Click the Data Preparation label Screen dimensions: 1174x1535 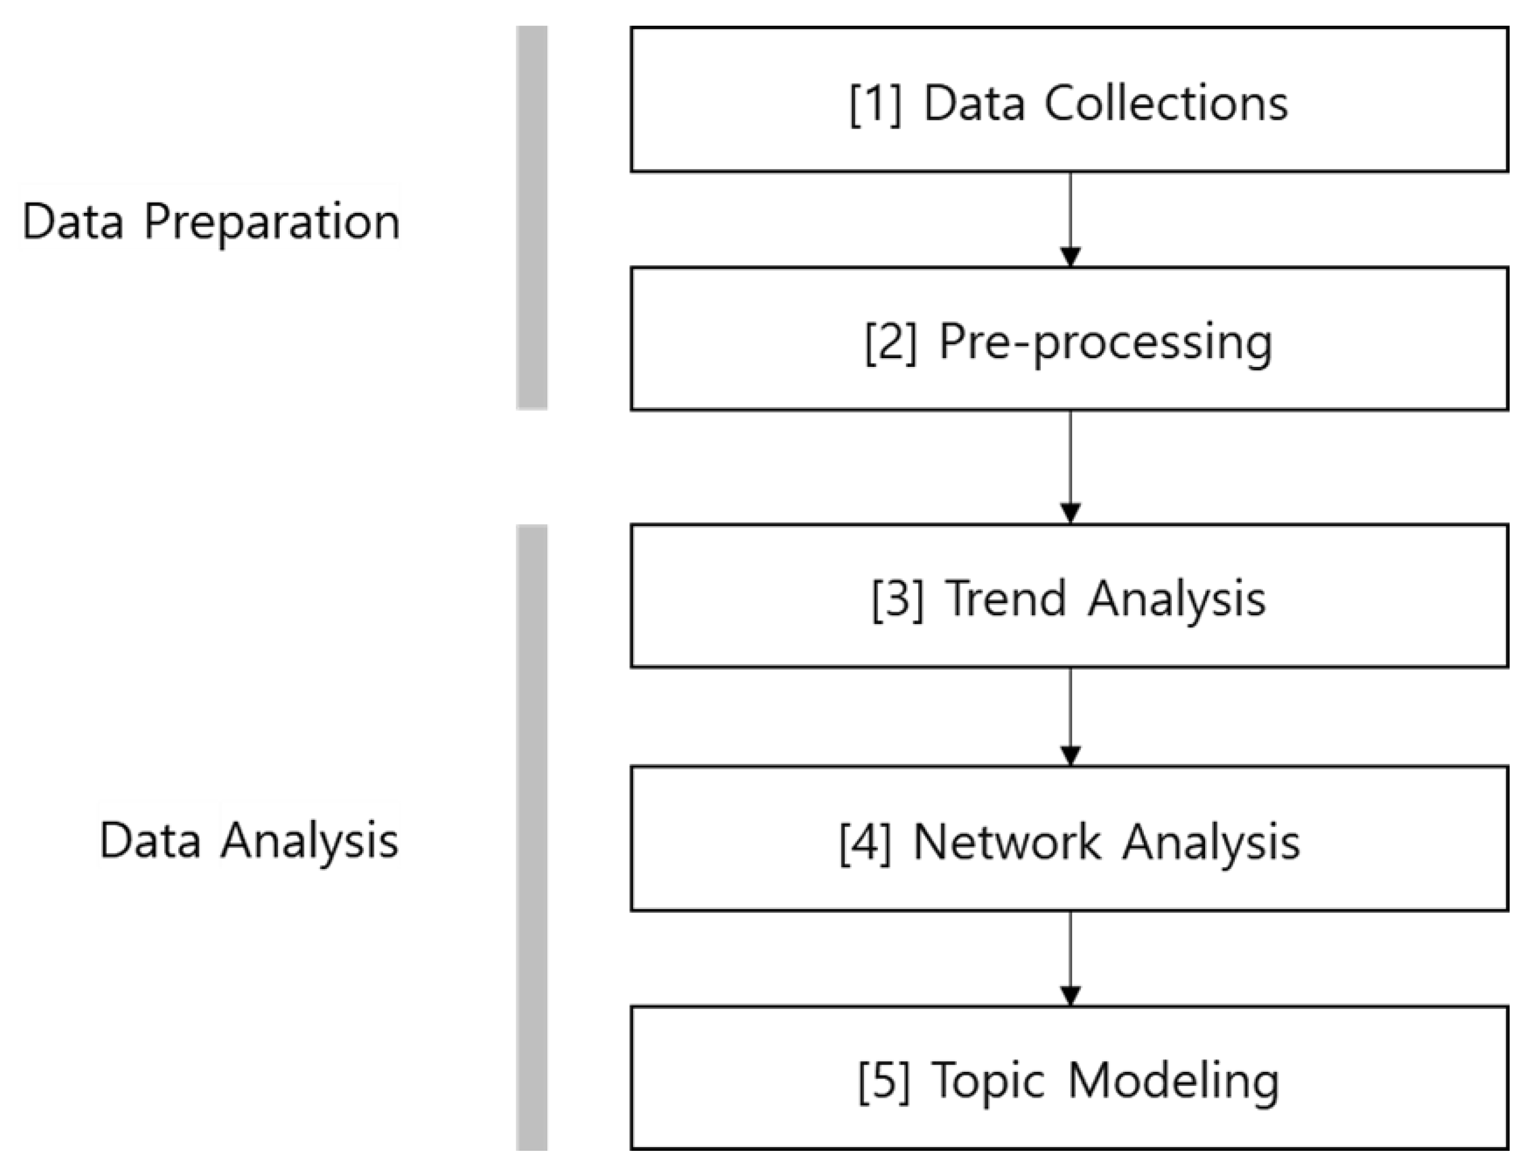coord(210,221)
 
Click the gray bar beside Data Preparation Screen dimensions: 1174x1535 coord(532,217)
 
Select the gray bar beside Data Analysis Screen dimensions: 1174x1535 coord(532,839)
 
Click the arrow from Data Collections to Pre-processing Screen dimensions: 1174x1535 coord(1070,220)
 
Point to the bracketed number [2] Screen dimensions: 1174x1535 coord(891,343)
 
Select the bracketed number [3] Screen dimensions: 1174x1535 coord(898,599)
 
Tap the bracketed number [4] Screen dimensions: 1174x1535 coord(865,842)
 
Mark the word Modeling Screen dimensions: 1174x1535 coord(1174,1081)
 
